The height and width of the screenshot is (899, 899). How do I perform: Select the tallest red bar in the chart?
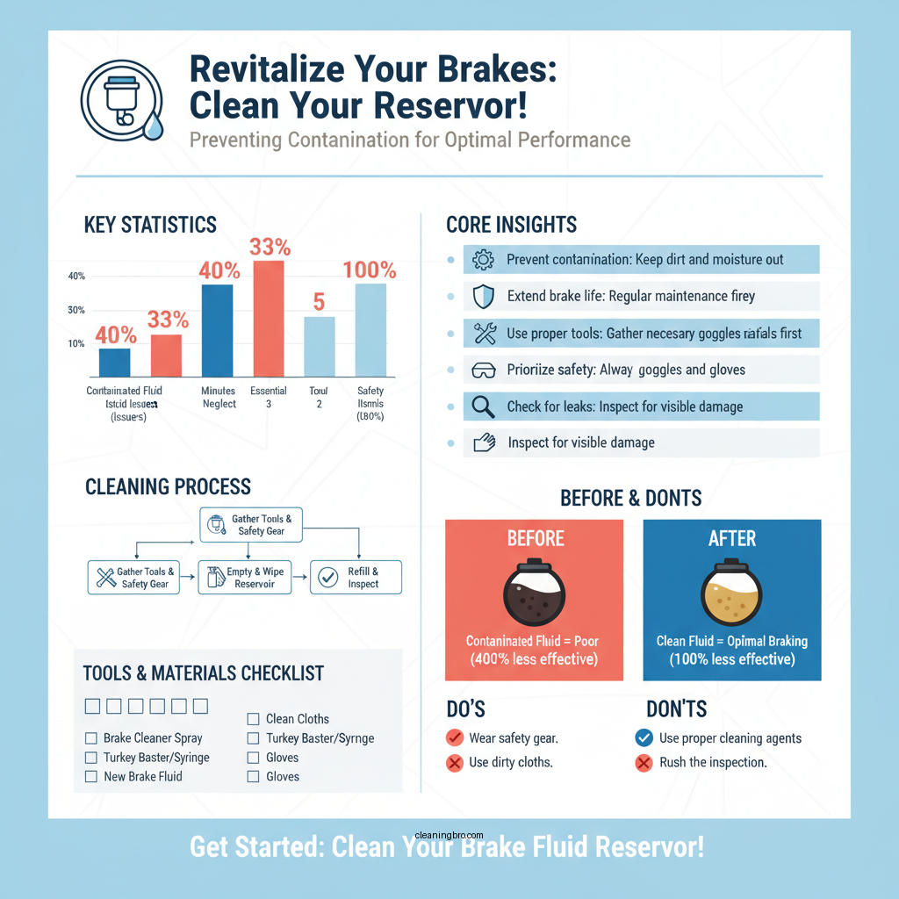[268, 319]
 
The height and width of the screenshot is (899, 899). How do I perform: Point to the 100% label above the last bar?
[370, 270]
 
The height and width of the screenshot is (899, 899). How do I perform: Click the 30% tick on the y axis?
[76, 311]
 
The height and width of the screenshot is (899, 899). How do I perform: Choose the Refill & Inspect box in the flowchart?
[356, 578]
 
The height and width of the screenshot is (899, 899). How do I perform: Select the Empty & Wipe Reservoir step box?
[245, 578]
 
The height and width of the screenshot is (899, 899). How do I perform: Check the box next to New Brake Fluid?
[90, 777]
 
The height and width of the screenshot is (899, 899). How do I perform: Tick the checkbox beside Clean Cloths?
[253, 719]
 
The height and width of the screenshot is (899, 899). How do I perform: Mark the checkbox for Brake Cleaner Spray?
[90, 738]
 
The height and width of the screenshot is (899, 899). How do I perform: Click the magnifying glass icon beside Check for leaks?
[484, 406]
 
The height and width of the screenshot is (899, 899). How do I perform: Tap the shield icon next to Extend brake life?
[484, 297]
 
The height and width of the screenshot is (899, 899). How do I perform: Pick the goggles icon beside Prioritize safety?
[484, 370]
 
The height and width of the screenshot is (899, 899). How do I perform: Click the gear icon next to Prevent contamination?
[484, 260]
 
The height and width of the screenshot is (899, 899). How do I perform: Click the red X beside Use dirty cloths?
[454, 763]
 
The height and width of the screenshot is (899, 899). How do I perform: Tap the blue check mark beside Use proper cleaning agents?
[644, 738]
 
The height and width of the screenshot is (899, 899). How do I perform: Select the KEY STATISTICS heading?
[150, 225]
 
